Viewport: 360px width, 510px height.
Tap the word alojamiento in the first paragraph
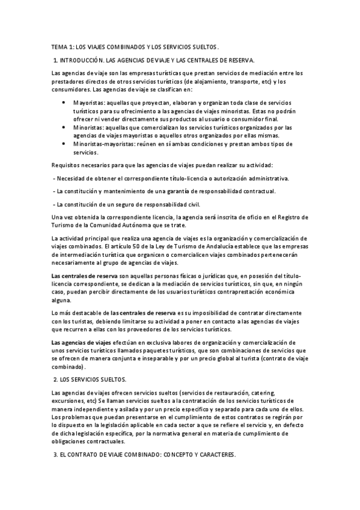click(x=222, y=82)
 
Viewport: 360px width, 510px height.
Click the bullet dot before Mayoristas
click(x=64, y=103)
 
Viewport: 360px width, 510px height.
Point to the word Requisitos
click(x=67, y=165)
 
